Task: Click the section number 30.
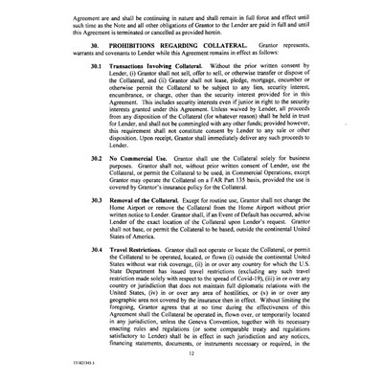[94, 45]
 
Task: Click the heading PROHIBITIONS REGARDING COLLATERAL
[163, 45]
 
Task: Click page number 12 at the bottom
[191, 353]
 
